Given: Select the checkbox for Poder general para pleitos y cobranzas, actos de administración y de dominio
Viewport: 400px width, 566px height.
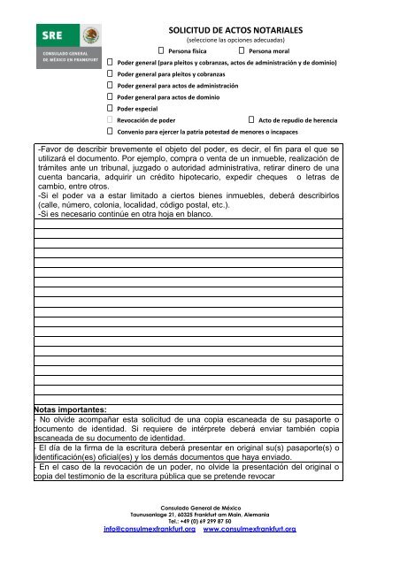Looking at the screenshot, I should click(111, 65).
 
